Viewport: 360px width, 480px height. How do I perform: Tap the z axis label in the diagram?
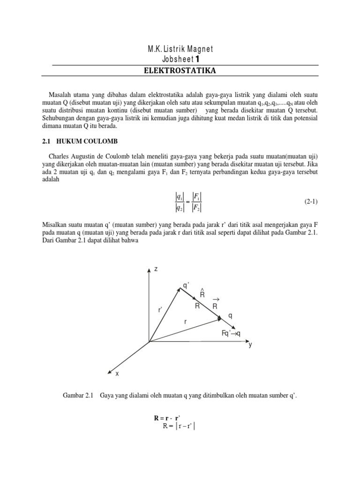click(x=156, y=269)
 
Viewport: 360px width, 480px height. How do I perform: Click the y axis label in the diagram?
click(x=250, y=345)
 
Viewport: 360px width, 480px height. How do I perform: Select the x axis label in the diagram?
click(x=117, y=373)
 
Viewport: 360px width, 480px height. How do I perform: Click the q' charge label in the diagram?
click(x=186, y=285)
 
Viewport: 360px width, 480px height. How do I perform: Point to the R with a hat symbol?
click(x=202, y=294)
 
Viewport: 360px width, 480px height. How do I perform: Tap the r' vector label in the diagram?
click(x=160, y=310)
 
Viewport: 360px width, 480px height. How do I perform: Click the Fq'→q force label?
click(x=231, y=333)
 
